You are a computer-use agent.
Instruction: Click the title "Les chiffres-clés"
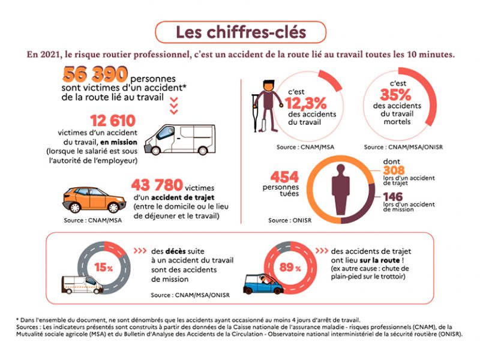coord(241,32)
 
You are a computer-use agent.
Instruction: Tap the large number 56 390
coord(95,74)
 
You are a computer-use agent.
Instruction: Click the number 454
coord(285,178)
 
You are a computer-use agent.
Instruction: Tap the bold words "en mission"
coord(120,142)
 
